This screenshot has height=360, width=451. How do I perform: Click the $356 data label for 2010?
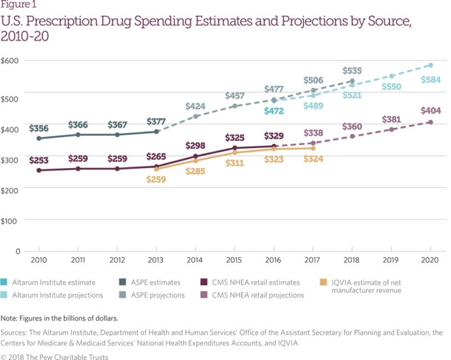tap(39, 128)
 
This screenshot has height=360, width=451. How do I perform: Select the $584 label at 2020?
tap(430, 80)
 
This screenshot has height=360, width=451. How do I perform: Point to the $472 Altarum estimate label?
tap(274, 111)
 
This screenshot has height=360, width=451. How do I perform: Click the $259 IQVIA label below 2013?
tap(157, 180)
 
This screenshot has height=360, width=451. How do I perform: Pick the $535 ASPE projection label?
tap(352, 70)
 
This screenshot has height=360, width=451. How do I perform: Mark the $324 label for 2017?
tap(313, 159)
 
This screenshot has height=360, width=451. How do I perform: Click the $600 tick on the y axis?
tap(10, 61)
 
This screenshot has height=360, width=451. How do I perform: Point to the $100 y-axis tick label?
tap(10, 220)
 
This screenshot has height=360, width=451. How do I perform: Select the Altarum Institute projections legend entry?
tap(58, 295)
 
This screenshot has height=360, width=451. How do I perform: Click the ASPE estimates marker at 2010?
tap(39, 138)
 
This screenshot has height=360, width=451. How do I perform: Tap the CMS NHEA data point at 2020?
tap(430, 122)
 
